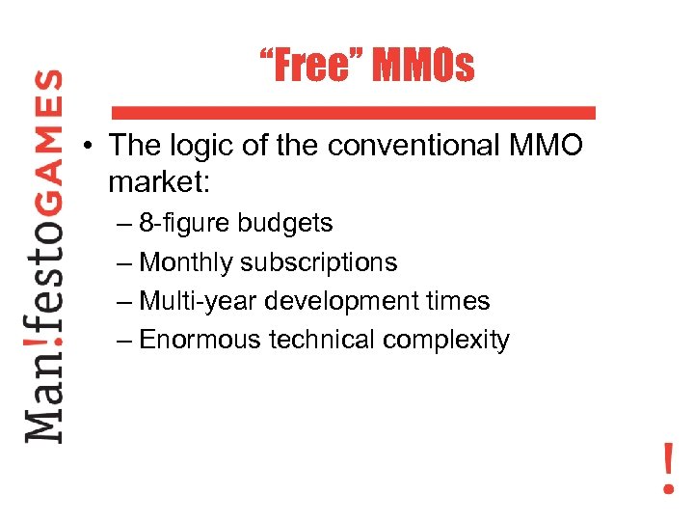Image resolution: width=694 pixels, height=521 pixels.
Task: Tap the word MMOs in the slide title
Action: [423, 66]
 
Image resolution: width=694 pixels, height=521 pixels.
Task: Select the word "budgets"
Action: [285, 224]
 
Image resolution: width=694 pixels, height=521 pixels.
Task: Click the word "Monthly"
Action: [186, 262]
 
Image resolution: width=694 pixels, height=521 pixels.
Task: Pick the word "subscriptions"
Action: [318, 262]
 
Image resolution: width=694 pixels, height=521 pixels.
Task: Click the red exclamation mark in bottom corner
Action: [668, 467]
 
